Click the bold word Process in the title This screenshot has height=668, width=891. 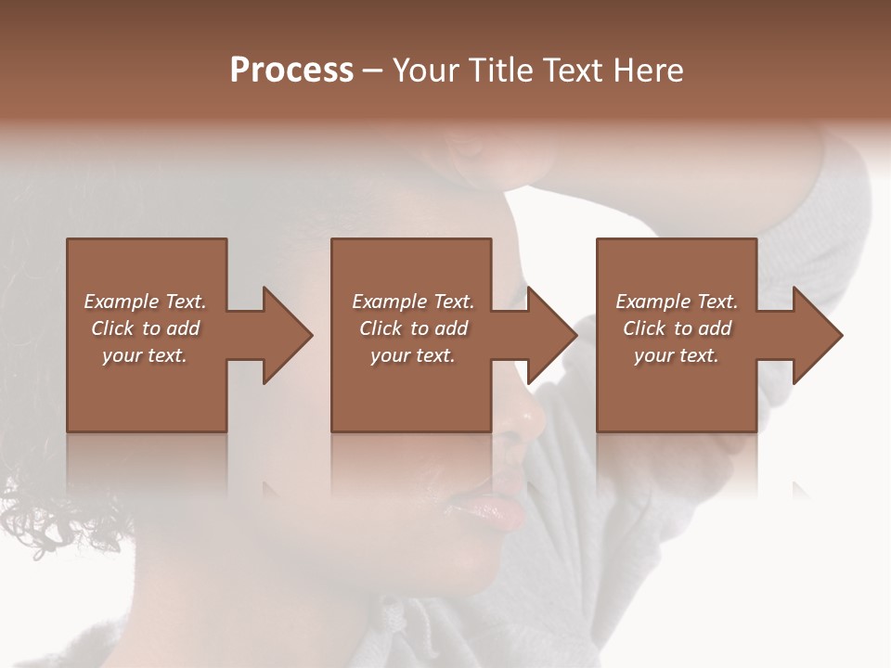pos(291,71)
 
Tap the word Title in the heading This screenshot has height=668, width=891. pos(497,71)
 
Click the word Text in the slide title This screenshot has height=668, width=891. pos(572,71)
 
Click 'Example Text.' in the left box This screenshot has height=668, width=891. pos(145,302)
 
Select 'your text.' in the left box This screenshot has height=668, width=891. pos(145,355)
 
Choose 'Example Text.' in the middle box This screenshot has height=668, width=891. pos(412,302)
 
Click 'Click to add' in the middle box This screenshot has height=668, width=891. pos(412,328)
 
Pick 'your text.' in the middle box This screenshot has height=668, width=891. pos(412,355)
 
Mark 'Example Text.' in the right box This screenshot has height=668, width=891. pos(677,302)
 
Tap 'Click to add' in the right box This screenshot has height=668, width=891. pos(677,328)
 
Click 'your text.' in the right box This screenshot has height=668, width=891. pos(677,355)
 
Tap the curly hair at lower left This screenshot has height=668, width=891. pos(46,520)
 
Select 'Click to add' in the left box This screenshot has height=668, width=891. pos(145,328)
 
